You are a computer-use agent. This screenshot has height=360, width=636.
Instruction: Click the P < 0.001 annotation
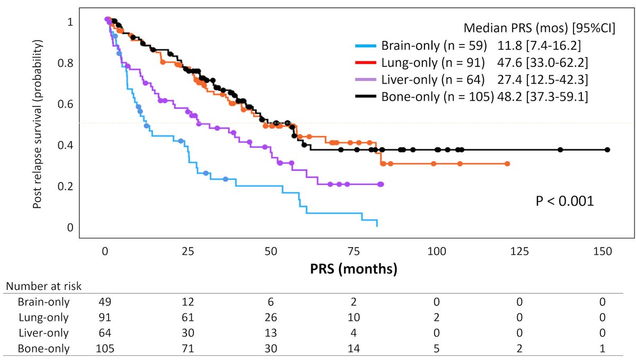(563, 201)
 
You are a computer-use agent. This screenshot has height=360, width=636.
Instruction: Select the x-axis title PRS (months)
(354, 268)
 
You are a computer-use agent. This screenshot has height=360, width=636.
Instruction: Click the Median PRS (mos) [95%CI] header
(540, 29)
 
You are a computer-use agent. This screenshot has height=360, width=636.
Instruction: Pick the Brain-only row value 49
(106, 302)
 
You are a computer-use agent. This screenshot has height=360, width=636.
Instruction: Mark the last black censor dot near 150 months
(607, 150)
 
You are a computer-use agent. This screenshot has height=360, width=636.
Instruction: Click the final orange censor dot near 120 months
(507, 164)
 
